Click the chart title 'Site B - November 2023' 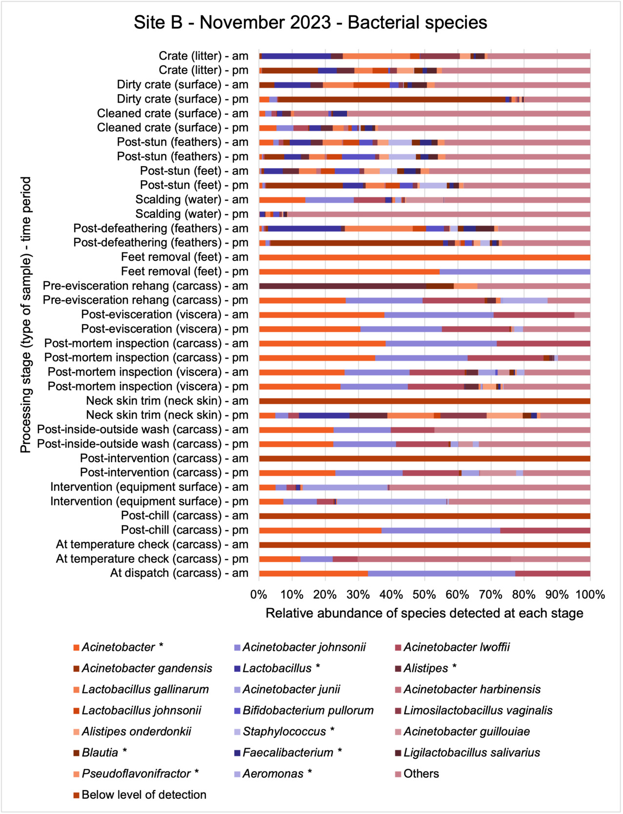pos(310,23)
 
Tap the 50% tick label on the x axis pos(424,595)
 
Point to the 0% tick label pos(259,595)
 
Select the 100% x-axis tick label pos(590,595)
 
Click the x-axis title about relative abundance pos(424,613)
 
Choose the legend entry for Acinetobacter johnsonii pos(303,647)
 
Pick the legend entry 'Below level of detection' pos(143,795)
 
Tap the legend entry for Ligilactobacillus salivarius pos(471,753)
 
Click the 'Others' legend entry pos(421,774)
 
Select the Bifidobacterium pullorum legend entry pos(308,711)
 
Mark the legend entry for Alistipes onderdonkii pos(136,732)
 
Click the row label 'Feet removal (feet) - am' pos(185,257)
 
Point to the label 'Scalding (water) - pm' pos(192,214)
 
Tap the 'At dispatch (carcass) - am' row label pos(179,573)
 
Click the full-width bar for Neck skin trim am pos(424,401)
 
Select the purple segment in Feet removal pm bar pos(515,272)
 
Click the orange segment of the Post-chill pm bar pos(320,530)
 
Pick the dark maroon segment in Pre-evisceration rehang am pos(342,286)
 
